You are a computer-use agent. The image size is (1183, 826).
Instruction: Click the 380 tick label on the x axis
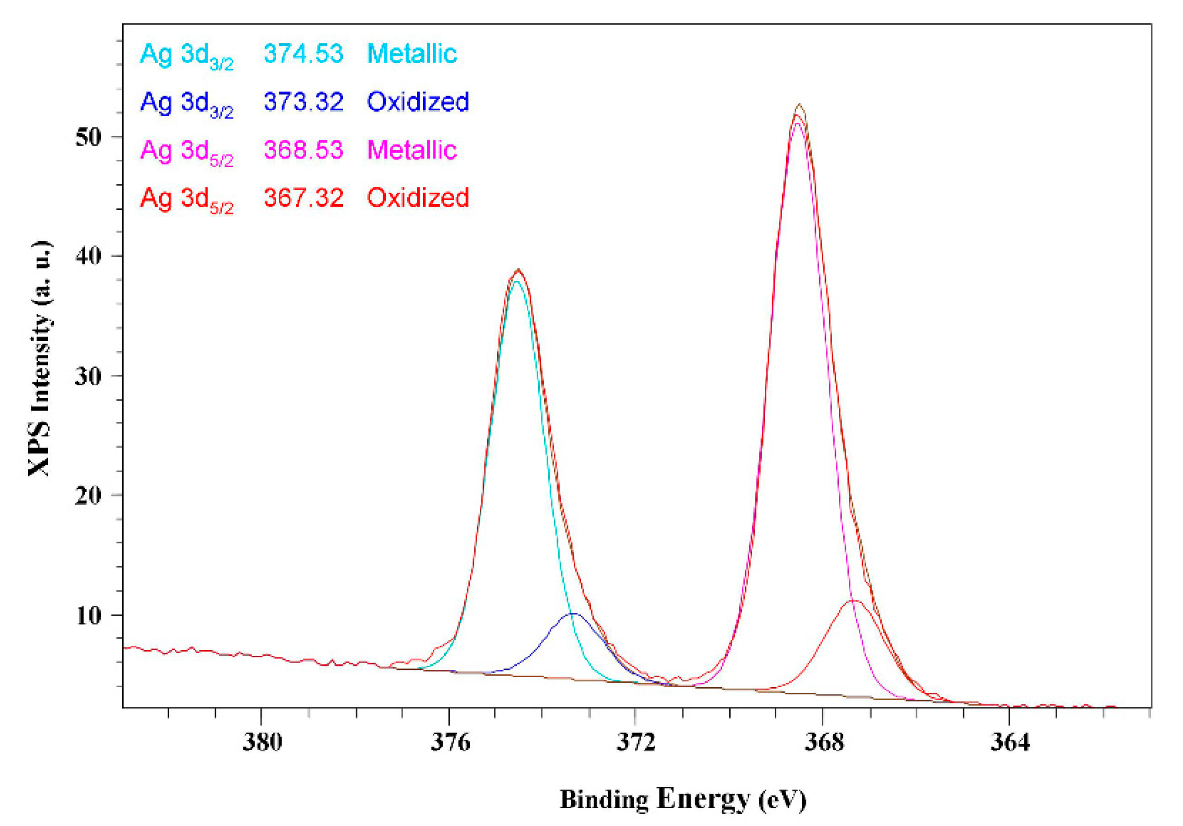click(x=262, y=741)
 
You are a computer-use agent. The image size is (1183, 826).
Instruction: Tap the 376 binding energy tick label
click(x=449, y=741)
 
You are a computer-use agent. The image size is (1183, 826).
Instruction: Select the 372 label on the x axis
click(x=636, y=741)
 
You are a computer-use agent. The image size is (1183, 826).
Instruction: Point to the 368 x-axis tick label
click(x=824, y=741)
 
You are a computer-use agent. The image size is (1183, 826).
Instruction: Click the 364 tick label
click(x=1010, y=741)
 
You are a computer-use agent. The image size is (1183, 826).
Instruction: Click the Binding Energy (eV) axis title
click(x=683, y=799)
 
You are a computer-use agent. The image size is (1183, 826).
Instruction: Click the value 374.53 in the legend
click(x=303, y=54)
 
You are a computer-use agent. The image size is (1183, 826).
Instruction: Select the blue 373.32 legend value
click(x=303, y=102)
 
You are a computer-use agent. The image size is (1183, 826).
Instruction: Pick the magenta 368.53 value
click(x=303, y=150)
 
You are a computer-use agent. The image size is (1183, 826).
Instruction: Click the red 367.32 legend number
click(x=303, y=198)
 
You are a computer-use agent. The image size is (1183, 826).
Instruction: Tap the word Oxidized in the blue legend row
click(x=418, y=102)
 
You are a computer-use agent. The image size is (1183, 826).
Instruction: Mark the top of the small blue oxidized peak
click(x=573, y=614)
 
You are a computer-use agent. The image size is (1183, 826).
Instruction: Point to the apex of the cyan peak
click(x=516, y=281)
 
